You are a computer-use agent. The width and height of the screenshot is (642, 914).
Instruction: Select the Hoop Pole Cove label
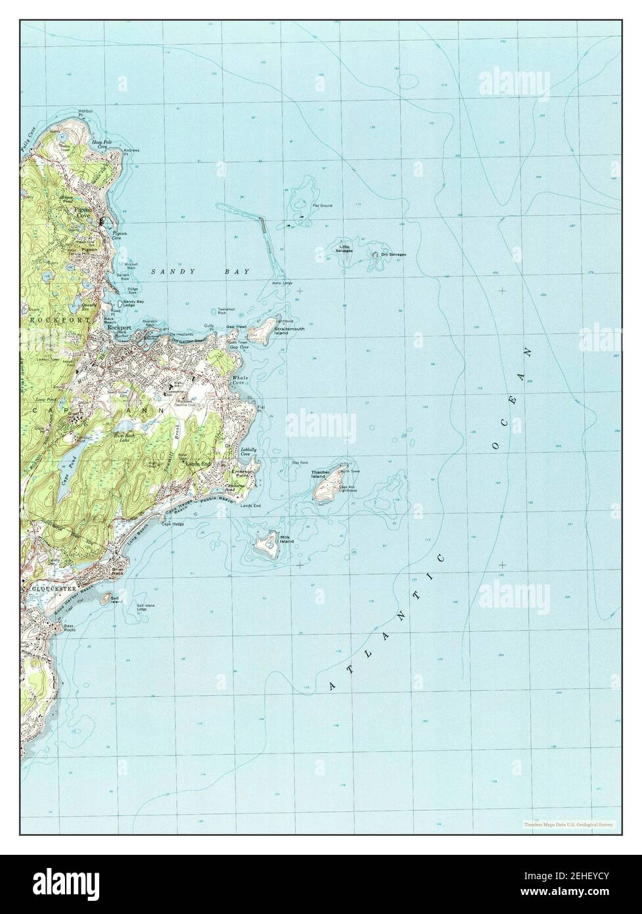pyautogui.click(x=99, y=143)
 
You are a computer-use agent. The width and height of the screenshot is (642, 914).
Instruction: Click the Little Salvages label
pyautogui.click(x=345, y=248)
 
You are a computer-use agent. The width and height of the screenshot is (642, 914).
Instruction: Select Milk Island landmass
pyautogui.click(x=266, y=544)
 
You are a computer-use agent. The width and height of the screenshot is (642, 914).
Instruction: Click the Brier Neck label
pyautogui.click(x=118, y=571)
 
